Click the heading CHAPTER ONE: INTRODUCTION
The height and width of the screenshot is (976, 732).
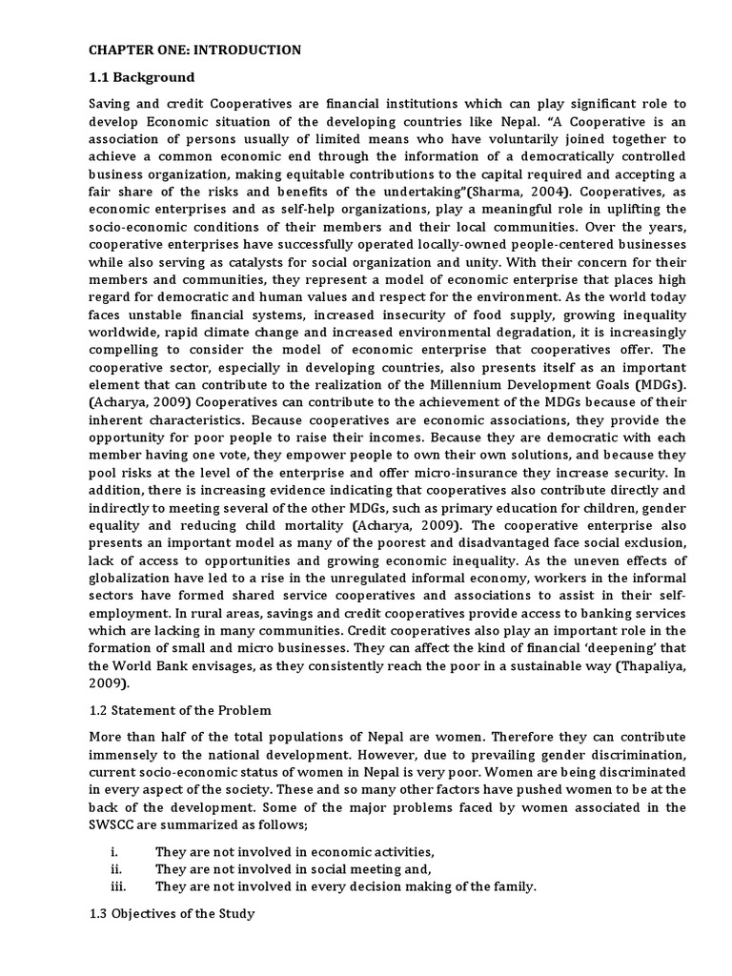(194, 50)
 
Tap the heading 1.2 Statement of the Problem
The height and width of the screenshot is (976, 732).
(180, 710)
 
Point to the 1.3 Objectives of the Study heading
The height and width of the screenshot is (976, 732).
(171, 913)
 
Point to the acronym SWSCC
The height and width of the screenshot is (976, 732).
(114, 826)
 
